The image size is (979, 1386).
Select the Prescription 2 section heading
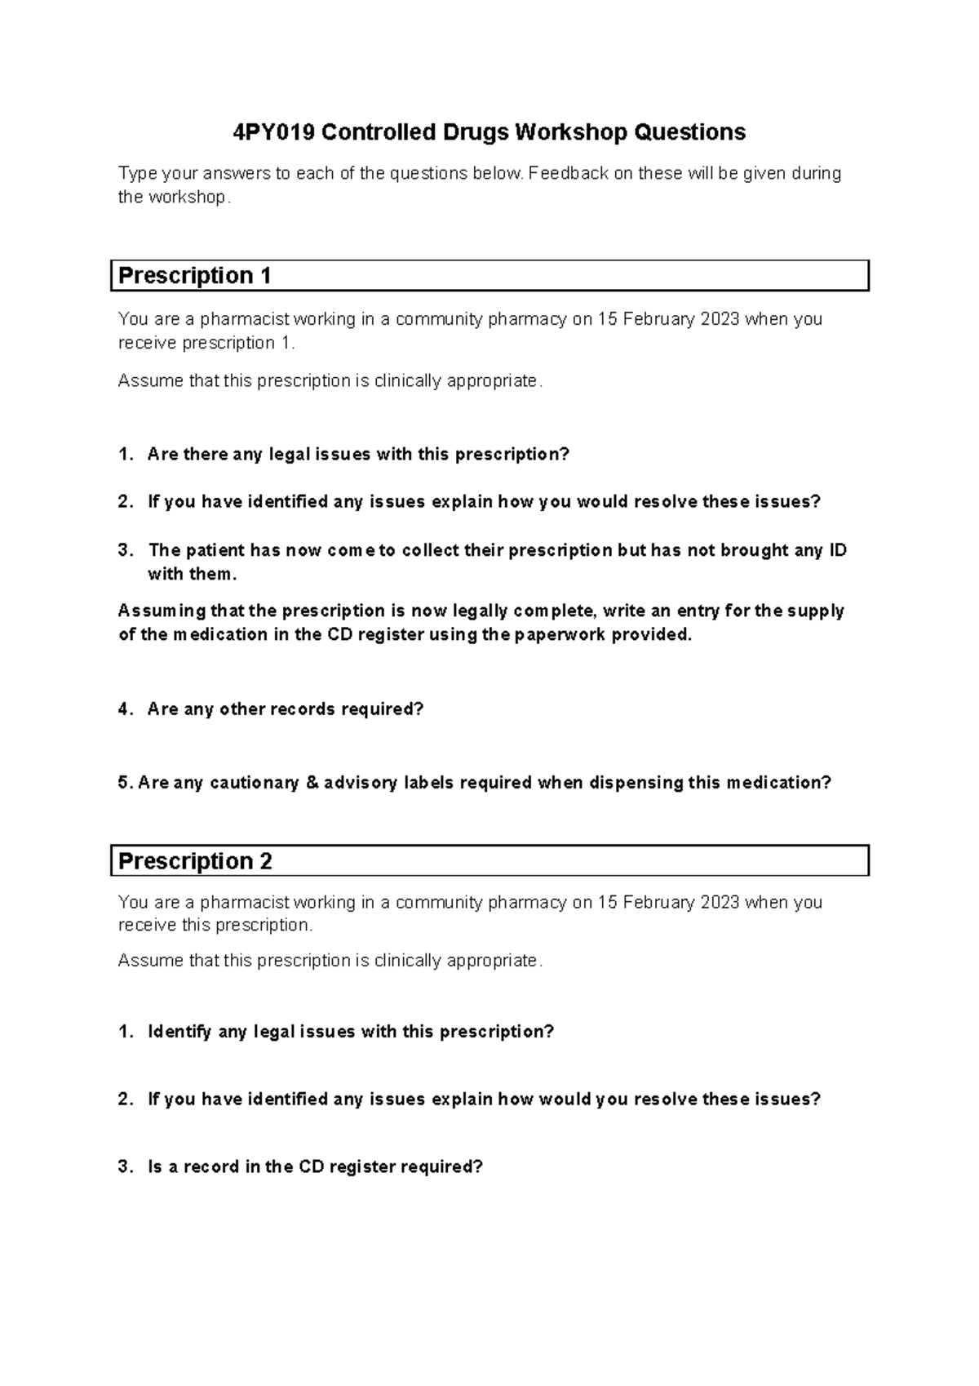195,861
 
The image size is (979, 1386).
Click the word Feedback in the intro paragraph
568,173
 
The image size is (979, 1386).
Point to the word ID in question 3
837,550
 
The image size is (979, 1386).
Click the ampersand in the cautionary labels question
311,783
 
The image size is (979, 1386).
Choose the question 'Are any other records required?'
286,709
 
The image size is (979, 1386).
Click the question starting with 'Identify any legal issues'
350,1032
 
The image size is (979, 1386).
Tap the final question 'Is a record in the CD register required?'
315,1166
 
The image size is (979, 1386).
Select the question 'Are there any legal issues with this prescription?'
357,455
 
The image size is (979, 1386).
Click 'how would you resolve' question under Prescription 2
483,1099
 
